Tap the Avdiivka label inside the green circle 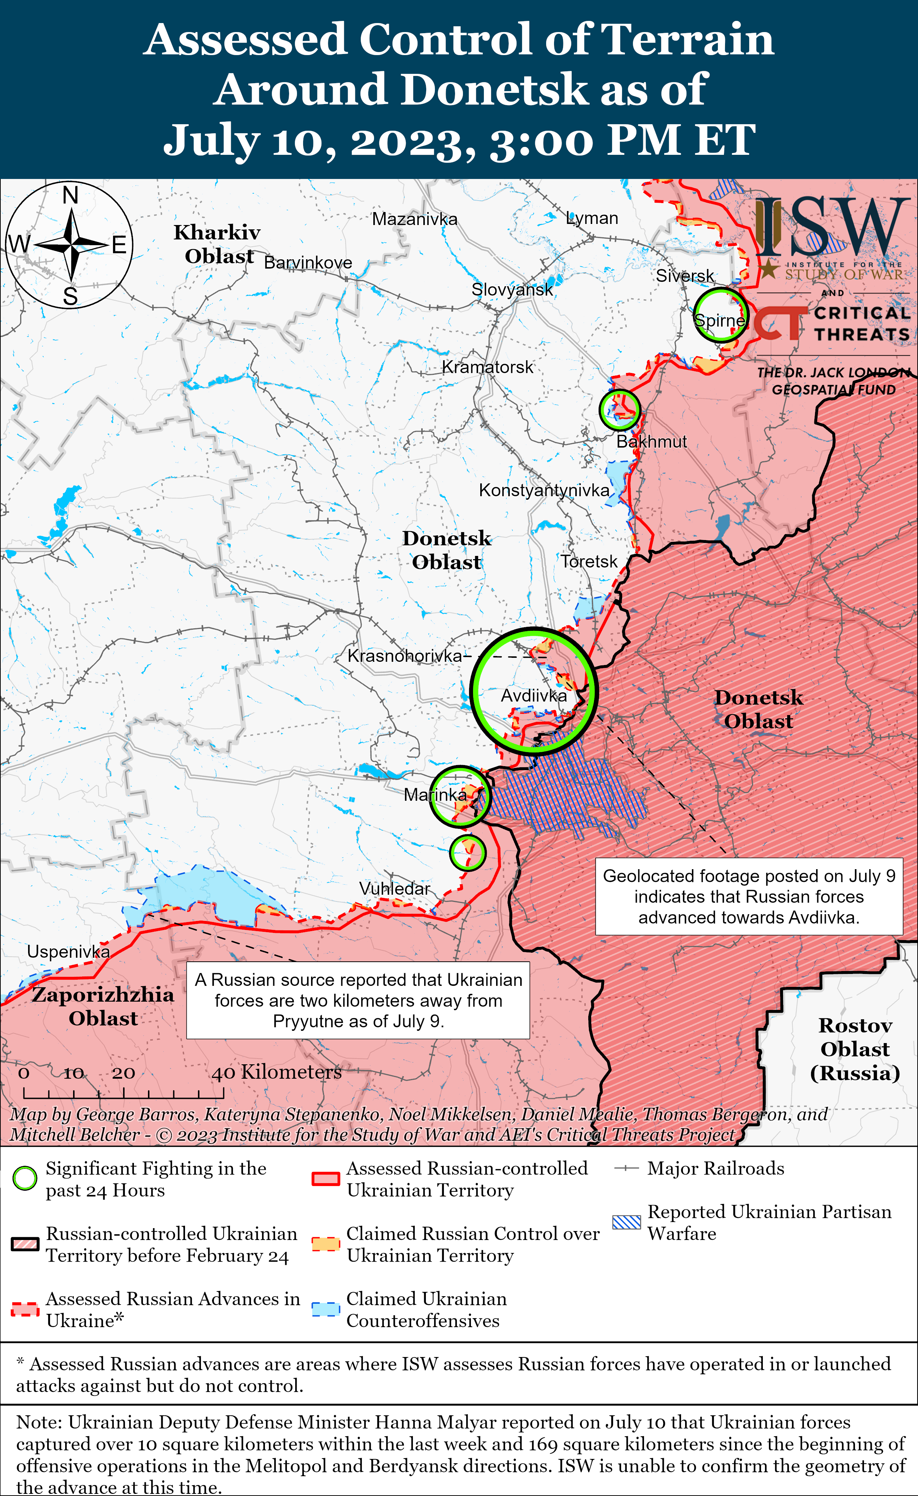click(x=533, y=696)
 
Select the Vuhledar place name click(x=394, y=888)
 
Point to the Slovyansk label click(x=512, y=289)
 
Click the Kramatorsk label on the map click(x=487, y=367)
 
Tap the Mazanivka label click(x=415, y=219)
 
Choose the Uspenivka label click(x=68, y=951)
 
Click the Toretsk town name click(x=588, y=562)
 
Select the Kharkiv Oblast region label click(x=217, y=244)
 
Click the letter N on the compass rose click(x=71, y=196)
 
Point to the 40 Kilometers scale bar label click(x=276, y=1072)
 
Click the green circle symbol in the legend click(x=25, y=1178)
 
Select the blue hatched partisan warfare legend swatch click(x=626, y=1222)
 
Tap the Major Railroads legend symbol click(x=626, y=1168)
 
